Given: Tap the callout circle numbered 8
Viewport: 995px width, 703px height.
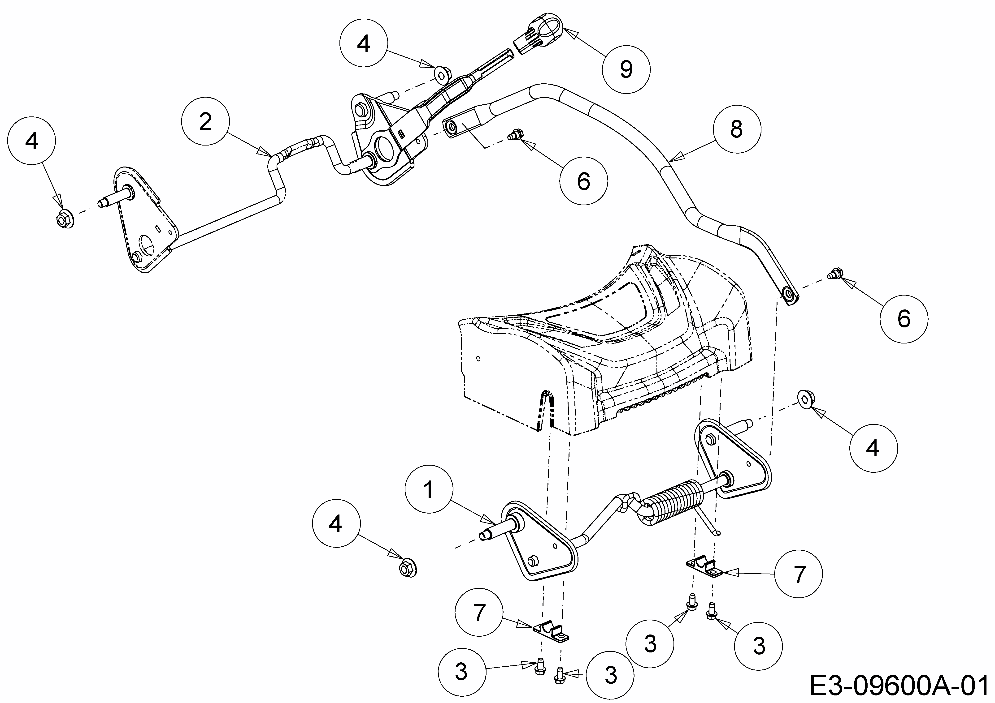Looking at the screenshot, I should tap(736, 129).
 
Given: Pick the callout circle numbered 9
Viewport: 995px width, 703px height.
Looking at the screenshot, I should tap(626, 69).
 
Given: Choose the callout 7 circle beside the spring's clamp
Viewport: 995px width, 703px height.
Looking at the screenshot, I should tap(798, 574).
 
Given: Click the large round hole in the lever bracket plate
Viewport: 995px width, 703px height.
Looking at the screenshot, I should tap(385, 149).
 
